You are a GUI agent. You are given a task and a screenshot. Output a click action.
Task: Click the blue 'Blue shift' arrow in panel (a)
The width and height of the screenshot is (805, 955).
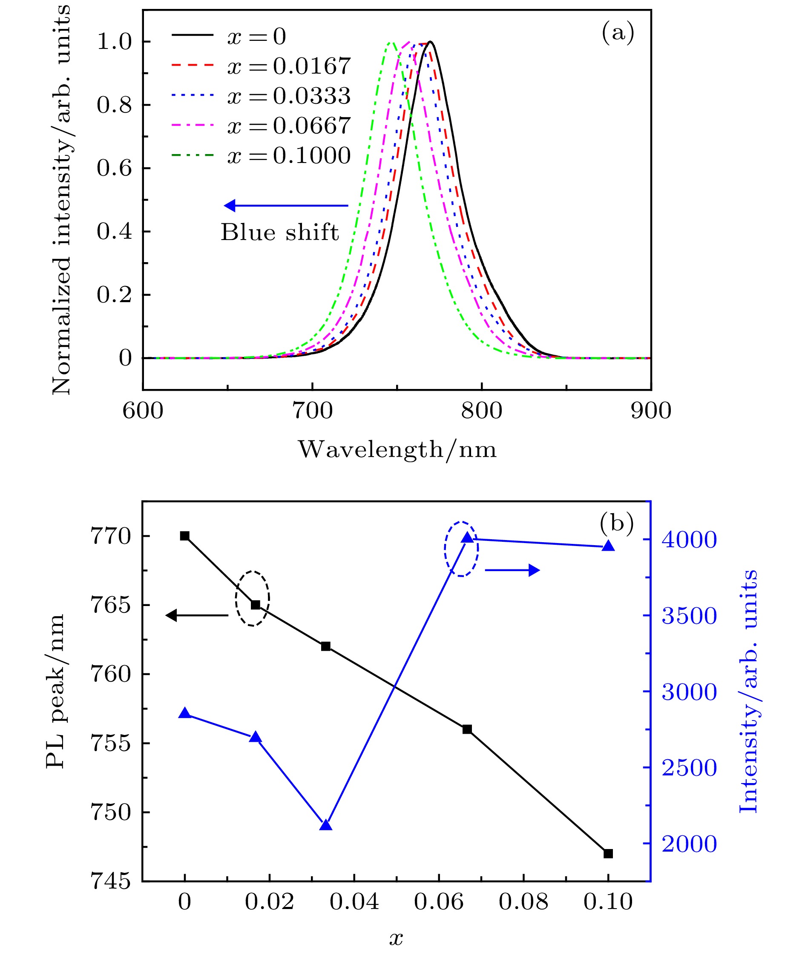286,206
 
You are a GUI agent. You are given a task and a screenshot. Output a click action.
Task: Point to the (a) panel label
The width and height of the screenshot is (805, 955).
618,33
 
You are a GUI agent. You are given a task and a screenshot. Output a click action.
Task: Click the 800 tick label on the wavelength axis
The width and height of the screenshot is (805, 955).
481,411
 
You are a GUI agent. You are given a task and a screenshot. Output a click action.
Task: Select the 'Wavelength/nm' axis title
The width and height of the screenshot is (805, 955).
397,450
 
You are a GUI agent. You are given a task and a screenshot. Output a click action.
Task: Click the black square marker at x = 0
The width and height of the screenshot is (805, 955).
184,536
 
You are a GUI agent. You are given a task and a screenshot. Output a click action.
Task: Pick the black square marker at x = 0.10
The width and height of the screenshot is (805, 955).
608,854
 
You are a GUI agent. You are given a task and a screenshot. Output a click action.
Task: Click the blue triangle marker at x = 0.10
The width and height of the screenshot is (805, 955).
608,546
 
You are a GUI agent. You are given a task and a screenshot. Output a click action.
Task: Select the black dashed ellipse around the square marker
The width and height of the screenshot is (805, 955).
252,598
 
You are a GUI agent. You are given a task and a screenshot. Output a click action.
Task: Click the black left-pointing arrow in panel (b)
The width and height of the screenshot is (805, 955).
197,615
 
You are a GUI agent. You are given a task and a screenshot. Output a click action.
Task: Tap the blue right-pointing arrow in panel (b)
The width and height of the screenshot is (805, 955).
512,570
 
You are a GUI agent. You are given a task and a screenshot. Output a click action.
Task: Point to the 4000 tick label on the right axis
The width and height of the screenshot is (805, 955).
689,540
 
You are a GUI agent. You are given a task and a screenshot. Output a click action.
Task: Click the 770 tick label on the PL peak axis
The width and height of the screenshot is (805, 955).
111,536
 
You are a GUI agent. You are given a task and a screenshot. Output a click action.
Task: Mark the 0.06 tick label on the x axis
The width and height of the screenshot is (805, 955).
439,902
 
